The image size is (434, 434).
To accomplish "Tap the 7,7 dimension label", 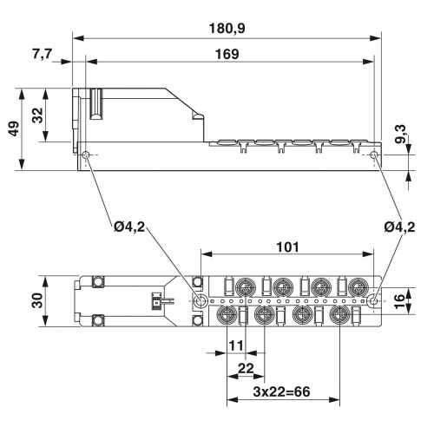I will [43, 54].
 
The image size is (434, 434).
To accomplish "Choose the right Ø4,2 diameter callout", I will [402, 228].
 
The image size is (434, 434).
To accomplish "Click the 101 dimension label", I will [288, 247].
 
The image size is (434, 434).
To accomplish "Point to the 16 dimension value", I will [402, 302].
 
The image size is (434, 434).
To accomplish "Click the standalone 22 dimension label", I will [247, 367].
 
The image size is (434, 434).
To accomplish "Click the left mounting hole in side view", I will [87, 156].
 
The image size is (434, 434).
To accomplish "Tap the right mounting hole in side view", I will [374, 156].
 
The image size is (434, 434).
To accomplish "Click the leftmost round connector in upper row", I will [244, 287].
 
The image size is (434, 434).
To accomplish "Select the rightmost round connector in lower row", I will [340, 314].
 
